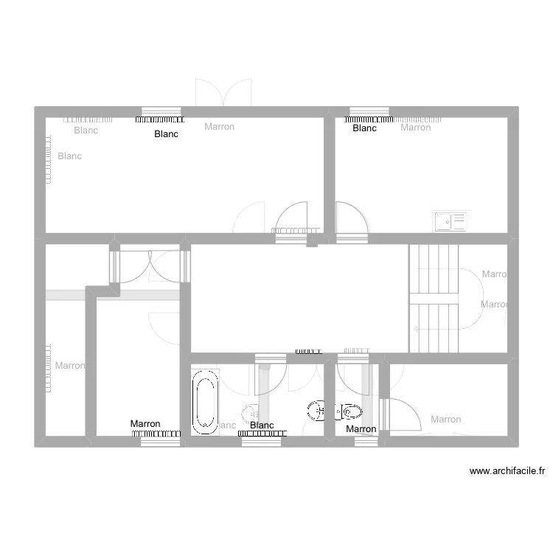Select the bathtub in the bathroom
[205, 403]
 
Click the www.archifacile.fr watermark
[507, 471]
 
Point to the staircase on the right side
[434, 298]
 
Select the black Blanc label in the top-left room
[166, 134]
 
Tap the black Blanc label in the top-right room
[364, 128]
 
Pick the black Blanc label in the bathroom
[262, 425]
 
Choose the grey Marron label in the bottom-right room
[445, 420]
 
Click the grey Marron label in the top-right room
[415, 128]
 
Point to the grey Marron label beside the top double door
[219, 127]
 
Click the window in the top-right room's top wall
[369, 111]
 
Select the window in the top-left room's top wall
[161, 111]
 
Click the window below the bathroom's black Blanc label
[262, 441]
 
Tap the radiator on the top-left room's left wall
[50, 159]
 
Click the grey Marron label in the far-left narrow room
[69, 366]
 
